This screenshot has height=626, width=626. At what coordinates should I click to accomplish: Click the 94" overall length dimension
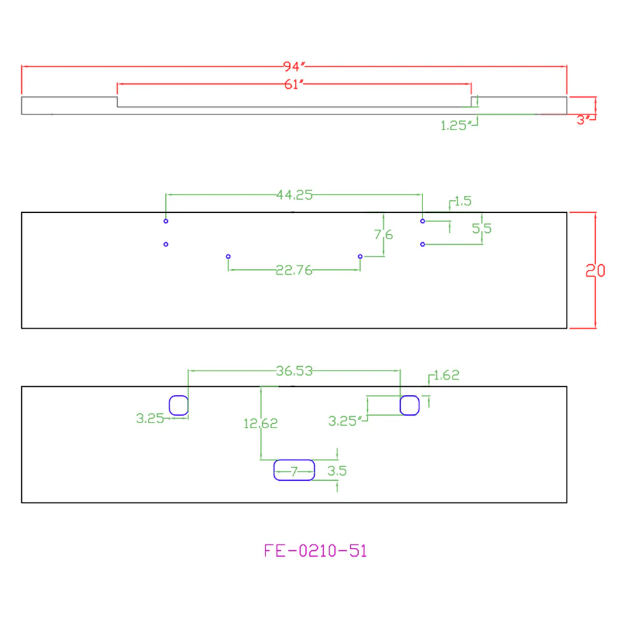pos(294,66)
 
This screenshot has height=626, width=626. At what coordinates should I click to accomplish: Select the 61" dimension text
pos(294,85)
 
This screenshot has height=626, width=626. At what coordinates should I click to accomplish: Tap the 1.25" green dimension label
pos(456,126)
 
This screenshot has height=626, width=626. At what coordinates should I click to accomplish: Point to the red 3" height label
pos(583,120)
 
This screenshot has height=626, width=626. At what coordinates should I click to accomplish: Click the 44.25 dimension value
pos(294,195)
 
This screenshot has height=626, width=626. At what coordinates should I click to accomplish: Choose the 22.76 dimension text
pos(294,270)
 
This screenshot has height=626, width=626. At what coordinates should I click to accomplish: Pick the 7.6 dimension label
pos(383,234)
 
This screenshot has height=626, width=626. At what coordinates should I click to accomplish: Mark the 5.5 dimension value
pos(481,228)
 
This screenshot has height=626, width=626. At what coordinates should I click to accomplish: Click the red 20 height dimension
pos(595,271)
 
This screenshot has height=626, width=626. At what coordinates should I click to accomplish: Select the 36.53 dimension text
pos(294,371)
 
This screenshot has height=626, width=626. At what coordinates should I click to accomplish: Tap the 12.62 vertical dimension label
pos(260,423)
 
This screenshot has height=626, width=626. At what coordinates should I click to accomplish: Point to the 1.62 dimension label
pos(446,375)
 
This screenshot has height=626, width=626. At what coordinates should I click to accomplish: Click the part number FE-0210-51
pos(316,551)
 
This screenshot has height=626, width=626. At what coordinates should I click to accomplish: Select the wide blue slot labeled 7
pos(294,460)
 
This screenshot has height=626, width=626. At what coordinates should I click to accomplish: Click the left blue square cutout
pos(178,396)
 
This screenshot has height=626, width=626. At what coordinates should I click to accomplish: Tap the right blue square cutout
pos(409,396)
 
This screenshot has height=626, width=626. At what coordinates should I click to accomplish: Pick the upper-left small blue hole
pos(166,221)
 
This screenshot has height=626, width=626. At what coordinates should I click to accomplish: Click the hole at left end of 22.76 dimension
pos(228,256)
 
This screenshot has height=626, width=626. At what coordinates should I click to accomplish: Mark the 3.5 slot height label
pos(337,471)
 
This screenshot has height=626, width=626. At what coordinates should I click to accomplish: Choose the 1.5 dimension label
pos(463,201)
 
